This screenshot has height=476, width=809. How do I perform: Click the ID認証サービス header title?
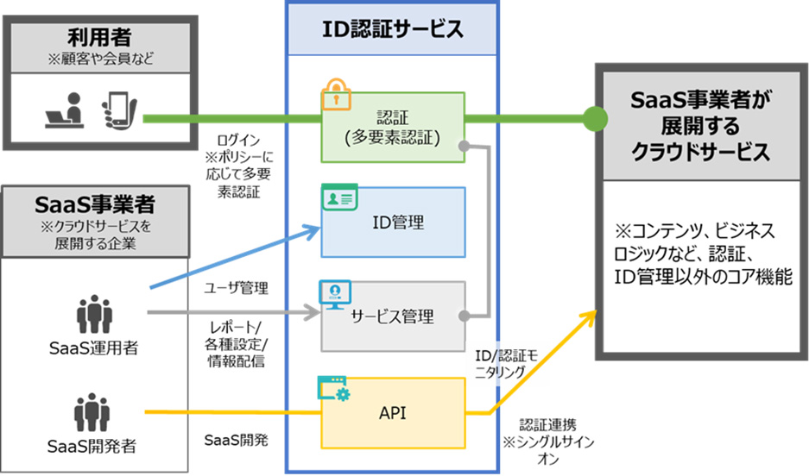click(x=393, y=29)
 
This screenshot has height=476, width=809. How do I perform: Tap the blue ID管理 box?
click(x=393, y=222)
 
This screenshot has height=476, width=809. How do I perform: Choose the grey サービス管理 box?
click(x=393, y=316)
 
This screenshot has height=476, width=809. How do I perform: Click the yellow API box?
click(x=393, y=412)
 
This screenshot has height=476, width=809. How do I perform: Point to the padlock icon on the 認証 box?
click(x=334, y=92)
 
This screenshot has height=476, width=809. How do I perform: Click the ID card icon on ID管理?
click(x=334, y=198)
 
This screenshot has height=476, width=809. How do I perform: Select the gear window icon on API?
click(x=333, y=391)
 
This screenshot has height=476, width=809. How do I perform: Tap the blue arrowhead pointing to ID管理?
click(x=313, y=229)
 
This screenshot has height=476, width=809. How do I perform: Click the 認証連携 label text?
click(x=547, y=425)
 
